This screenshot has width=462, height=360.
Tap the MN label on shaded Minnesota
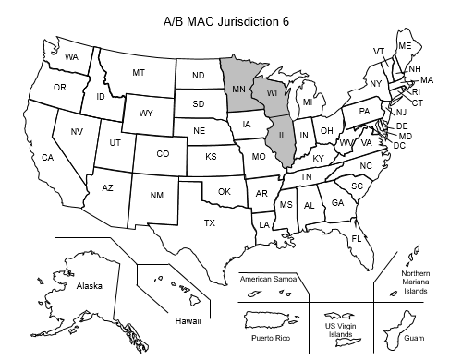(237, 90)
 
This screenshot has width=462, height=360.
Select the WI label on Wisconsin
(273, 93)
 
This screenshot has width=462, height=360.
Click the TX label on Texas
(210, 223)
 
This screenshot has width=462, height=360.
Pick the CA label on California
(46, 158)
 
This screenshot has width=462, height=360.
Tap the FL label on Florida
(356, 239)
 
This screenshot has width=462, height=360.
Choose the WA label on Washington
(71, 56)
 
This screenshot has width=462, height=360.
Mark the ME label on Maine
(405, 46)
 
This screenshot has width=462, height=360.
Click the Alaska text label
(90, 286)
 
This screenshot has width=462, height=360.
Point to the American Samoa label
(274, 279)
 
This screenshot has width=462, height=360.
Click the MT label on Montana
(139, 72)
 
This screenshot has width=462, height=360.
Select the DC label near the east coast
(400, 145)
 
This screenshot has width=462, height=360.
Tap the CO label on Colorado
(162, 154)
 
